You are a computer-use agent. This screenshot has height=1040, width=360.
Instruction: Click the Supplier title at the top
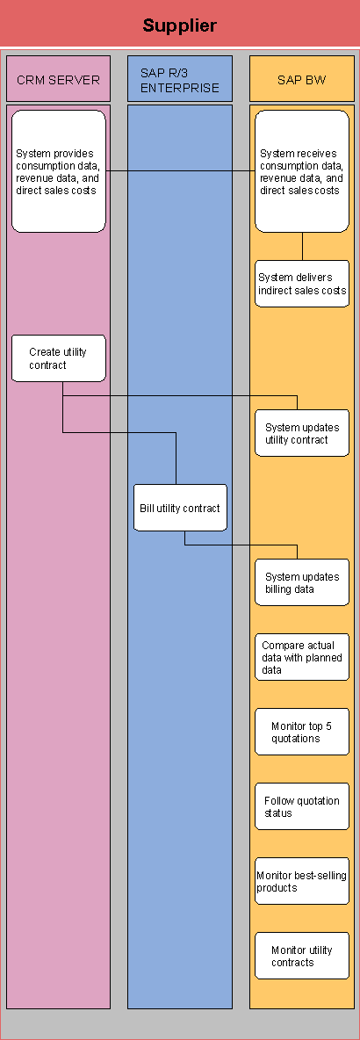pyautogui.click(x=179, y=25)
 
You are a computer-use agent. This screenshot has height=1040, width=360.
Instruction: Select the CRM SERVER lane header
pyautogui.click(x=58, y=80)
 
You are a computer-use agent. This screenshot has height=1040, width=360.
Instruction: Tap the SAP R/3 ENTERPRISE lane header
pyautogui.click(x=180, y=80)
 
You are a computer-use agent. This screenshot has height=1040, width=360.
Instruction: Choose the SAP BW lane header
pyautogui.click(x=302, y=80)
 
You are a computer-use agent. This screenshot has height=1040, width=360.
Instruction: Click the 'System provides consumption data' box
pyautogui.click(x=59, y=171)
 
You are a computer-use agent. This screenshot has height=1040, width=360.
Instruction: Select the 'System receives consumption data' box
pyautogui.click(x=302, y=171)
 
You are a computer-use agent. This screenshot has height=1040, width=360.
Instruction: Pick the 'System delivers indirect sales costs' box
pyautogui.click(x=302, y=284)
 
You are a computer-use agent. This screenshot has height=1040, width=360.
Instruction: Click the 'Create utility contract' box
pyautogui.click(x=59, y=358)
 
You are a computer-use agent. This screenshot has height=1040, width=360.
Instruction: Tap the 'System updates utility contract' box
pyautogui.click(x=302, y=433)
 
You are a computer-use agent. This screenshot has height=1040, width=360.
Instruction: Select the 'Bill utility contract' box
pyautogui.click(x=180, y=508)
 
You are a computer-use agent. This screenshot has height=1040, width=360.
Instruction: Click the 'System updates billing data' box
pyautogui.click(x=302, y=582)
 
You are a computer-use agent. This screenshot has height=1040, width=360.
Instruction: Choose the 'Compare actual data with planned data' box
pyautogui.click(x=302, y=657)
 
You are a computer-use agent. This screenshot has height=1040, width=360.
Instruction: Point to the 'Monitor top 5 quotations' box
pyautogui.click(x=302, y=732)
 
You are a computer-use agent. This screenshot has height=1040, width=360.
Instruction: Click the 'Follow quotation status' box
pyautogui.click(x=302, y=806)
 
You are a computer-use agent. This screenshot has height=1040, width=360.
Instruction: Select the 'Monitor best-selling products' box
pyautogui.click(x=302, y=881)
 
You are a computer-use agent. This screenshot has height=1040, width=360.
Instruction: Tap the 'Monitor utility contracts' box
pyautogui.click(x=302, y=956)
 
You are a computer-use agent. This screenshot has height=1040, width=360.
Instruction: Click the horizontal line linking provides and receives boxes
pyautogui.click(x=180, y=170)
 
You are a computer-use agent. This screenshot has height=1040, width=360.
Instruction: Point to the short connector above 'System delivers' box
pyautogui.click(x=302, y=246)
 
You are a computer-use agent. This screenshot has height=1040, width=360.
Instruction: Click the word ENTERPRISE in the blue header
pyautogui.click(x=180, y=88)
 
